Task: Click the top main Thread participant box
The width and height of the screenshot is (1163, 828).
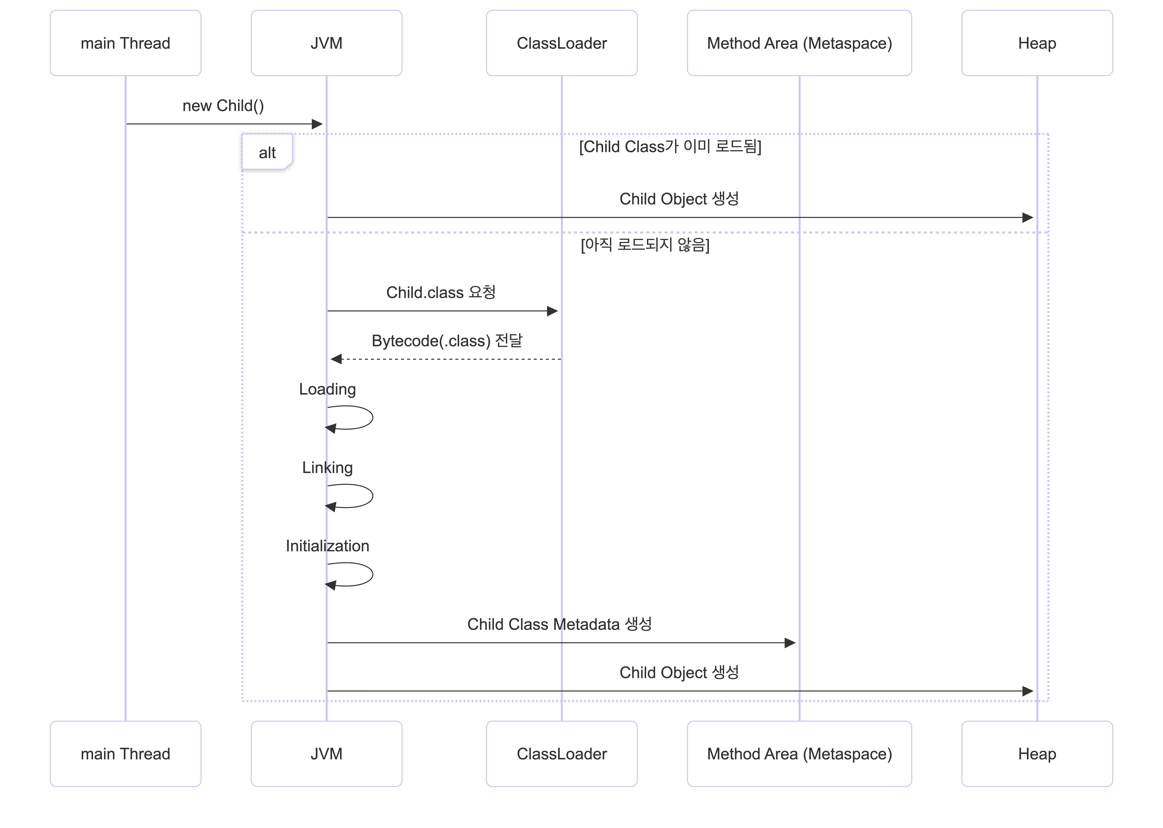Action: coord(125,43)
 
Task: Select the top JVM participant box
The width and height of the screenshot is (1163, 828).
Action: coord(326,43)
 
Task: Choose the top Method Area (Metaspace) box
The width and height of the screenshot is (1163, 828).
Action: coord(799,43)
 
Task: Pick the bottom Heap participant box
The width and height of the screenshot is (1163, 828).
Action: coord(1037,754)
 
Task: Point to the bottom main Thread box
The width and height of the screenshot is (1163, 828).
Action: coord(125,754)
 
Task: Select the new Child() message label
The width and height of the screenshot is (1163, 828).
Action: coord(223,106)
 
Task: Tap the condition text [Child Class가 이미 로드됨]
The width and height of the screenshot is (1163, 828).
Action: coord(670,146)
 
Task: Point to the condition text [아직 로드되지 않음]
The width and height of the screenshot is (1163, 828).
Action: coord(645,245)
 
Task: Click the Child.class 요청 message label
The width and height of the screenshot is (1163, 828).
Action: coord(441,292)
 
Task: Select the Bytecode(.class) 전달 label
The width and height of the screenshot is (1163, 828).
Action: coord(447,341)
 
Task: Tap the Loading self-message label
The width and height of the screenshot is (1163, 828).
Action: coord(327,389)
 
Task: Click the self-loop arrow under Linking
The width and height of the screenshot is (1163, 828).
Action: coord(372,496)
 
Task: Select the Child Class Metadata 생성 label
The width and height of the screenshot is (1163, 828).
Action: coord(559,624)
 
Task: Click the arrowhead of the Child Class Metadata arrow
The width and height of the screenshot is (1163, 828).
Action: coord(790,643)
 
